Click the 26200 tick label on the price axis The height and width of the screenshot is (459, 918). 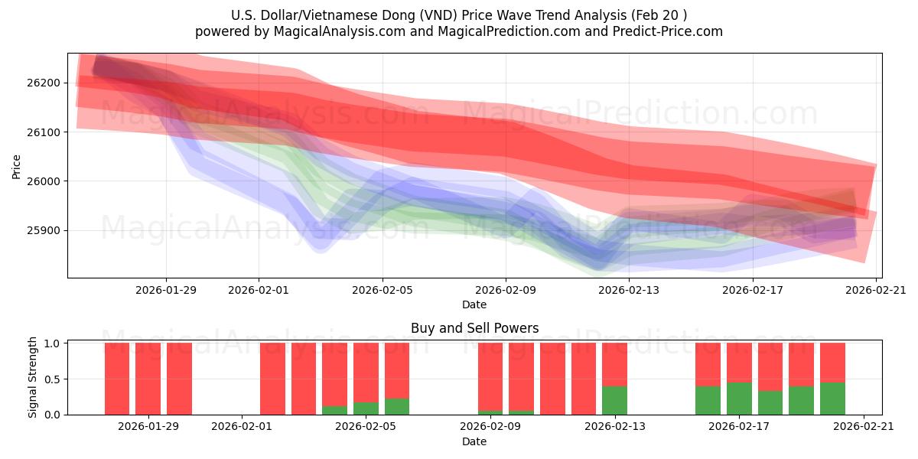[x=47, y=83]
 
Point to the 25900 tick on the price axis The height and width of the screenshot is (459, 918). [x=47, y=230]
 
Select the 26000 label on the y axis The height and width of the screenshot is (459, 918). [x=47, y=181]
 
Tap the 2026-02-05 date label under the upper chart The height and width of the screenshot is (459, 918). [x=382, y=289]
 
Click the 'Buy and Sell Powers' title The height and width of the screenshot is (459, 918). [x=474, y=328]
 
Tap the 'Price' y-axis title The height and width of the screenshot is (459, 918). [x=17, y=165]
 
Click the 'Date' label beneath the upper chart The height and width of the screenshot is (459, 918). [x=474, y=304]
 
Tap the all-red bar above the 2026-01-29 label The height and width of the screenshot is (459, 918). [x=148, y=379]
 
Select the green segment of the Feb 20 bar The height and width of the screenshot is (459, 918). [x=832, y=399]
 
